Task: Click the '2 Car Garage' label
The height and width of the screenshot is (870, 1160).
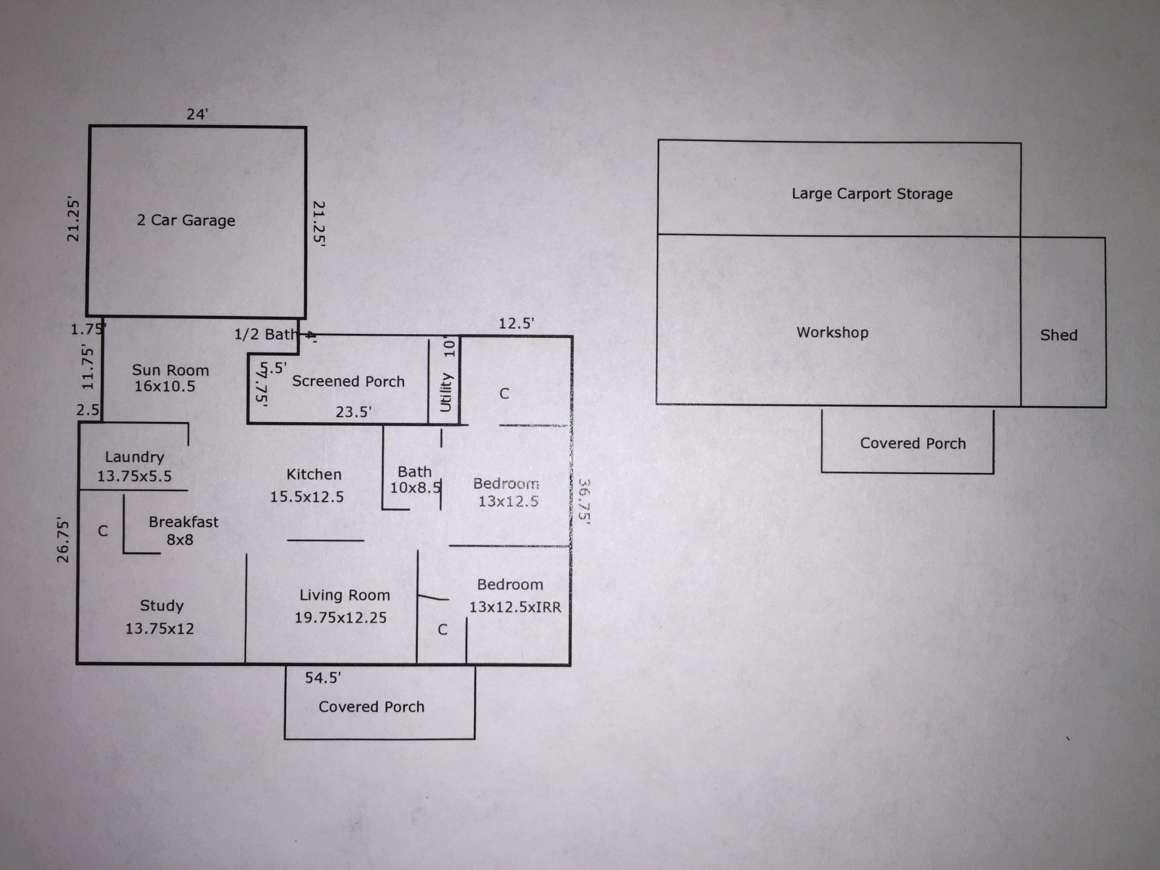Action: point(186,220)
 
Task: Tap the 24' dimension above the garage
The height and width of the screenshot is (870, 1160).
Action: point(198,114)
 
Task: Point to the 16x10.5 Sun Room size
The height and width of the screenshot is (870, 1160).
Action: point(165,387)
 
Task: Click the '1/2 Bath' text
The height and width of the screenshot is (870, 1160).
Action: point(265,334)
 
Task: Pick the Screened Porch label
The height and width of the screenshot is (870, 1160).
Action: point(348,381)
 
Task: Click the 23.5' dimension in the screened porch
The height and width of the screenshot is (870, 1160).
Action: point(353,412)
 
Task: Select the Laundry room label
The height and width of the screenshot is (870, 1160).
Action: point(134,457)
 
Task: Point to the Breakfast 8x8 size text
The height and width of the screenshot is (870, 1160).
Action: point(180,540)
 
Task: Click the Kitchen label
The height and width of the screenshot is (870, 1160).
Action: point(314,474)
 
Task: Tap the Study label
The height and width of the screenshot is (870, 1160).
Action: point(162,606)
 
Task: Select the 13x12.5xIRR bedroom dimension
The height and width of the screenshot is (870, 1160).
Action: point(515,607)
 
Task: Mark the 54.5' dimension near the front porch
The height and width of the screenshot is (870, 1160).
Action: point(323,678)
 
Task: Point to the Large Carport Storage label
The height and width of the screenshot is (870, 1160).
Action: point(872,194)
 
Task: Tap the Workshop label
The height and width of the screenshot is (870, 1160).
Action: point(832,333)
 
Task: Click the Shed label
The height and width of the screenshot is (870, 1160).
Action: point(1059,335)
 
